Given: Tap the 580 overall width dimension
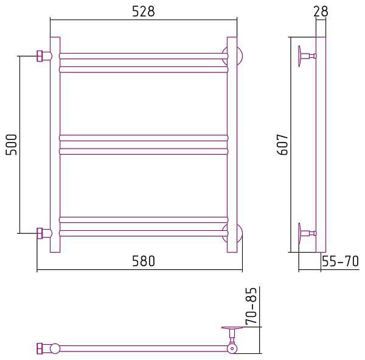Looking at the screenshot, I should [144, 261].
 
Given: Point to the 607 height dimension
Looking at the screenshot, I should [280, 144].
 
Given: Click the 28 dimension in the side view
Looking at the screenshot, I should [322, 11].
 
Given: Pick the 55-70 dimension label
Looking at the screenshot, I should [341, 262].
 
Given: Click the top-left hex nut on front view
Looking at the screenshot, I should [42, 56].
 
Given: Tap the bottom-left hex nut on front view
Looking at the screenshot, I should [42, 233].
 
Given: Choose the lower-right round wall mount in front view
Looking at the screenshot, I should [234, 233].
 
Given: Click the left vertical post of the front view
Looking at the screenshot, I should [55, 144].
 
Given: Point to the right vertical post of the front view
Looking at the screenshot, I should [232, 144].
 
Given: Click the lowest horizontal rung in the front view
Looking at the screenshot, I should [144, 232].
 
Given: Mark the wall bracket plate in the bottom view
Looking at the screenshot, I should [233, 330].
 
